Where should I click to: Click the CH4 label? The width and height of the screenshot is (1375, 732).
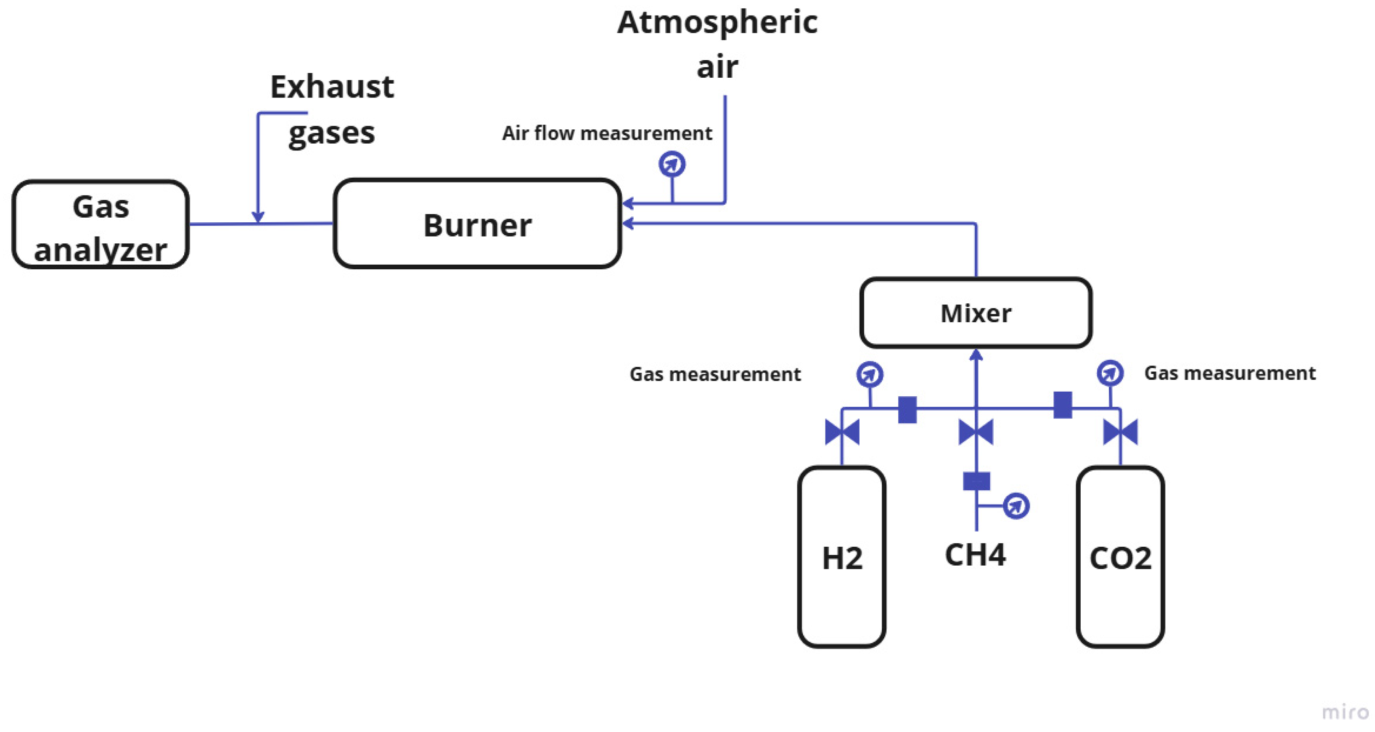[x=975, y=555]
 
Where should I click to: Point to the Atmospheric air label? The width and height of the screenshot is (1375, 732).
[x=717, y=45]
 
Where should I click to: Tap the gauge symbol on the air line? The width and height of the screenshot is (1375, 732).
[x=672, y=164]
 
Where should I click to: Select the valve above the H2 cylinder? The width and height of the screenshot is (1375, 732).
[x=842, y=432]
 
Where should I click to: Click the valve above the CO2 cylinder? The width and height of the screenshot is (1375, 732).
[x=1120, y=432]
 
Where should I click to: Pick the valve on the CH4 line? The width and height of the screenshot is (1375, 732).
[x=976, y=432]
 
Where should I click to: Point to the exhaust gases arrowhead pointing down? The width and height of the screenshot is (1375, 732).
[x=258, y=216]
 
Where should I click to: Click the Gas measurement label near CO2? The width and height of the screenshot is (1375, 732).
[x=1230, y=373]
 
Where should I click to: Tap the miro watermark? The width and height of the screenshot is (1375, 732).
[x=1345, y=712]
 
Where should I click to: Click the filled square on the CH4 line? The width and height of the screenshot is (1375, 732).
[x=976, y=481]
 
